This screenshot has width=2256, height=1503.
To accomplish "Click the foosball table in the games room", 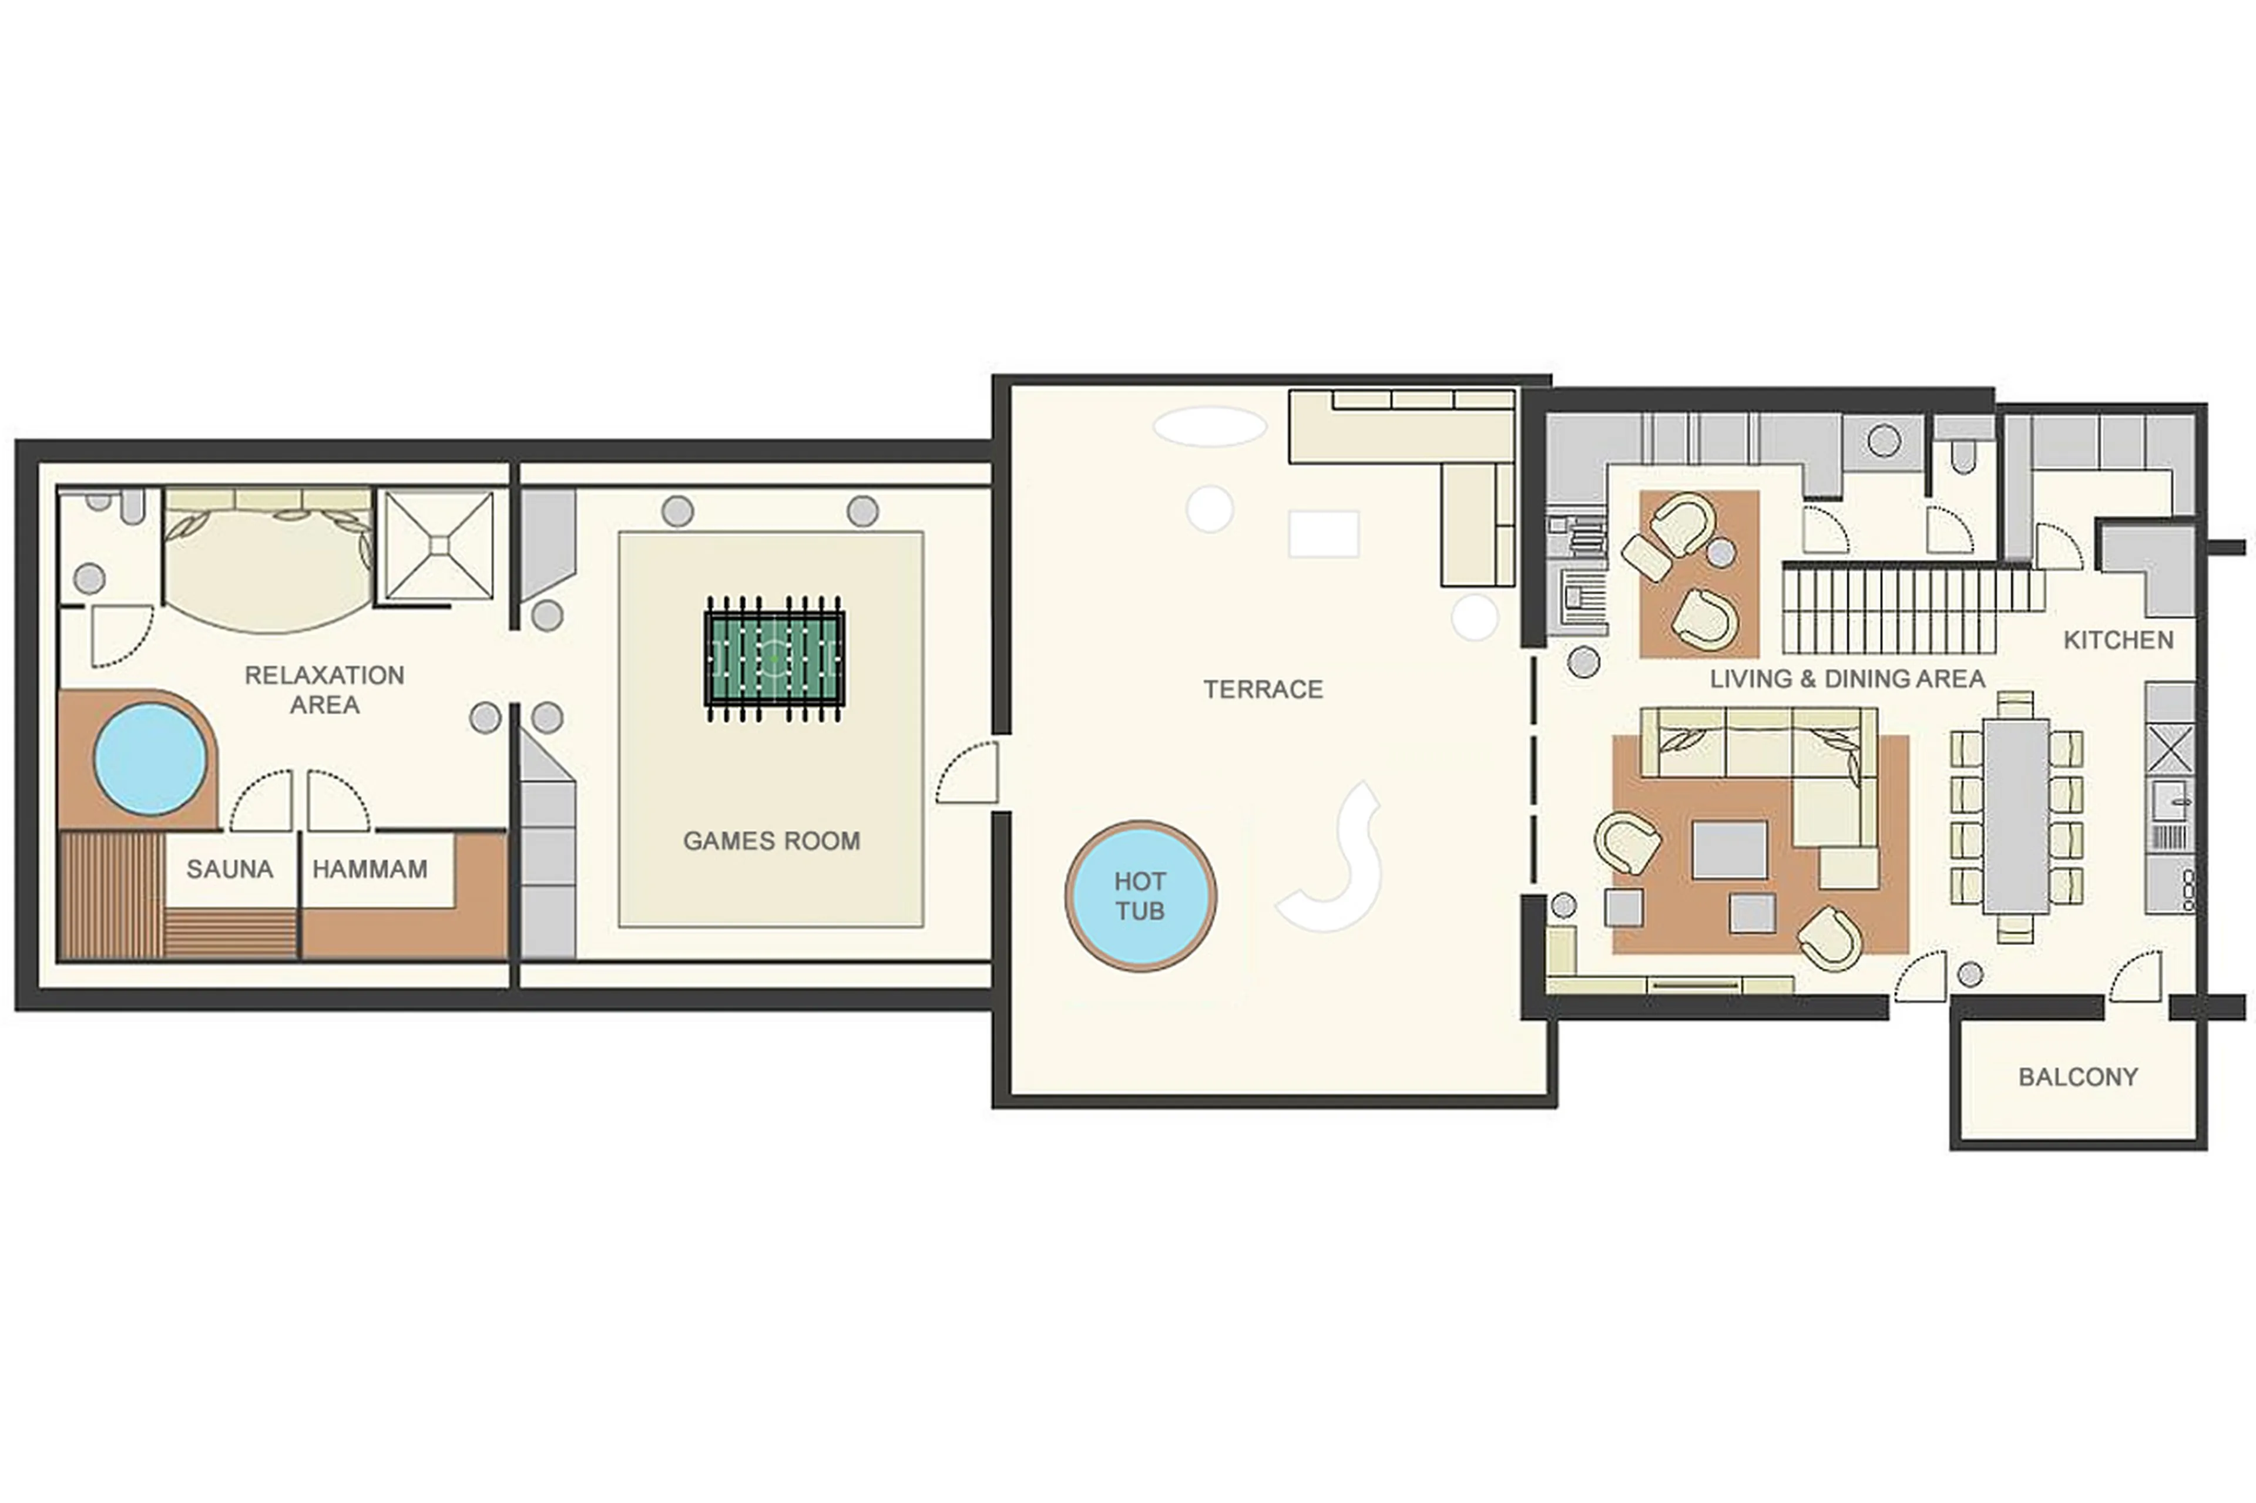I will click(x=774, y=658).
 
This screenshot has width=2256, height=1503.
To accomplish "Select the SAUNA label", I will click(x=230, y=869).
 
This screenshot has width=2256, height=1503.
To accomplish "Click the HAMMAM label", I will click(x=370, y=869).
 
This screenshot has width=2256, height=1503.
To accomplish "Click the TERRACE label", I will click(x=1263, y=689).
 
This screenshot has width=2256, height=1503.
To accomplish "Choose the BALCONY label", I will click(x=2077, y=1077).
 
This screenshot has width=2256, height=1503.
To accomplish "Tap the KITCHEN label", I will click(x=2118, y=640).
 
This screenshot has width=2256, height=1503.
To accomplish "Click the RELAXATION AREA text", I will click(x=324, y=689).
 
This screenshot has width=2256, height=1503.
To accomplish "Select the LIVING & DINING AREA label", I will click(x=1847, y=678).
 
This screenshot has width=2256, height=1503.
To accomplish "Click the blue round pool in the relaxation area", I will click(x=150, y=759).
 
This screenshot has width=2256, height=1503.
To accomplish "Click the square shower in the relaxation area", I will click(x=439, y=546).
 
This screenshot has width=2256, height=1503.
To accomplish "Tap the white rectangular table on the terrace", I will click(x=1323, y=534).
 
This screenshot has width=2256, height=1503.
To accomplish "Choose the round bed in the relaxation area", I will click(x=268, y=566).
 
